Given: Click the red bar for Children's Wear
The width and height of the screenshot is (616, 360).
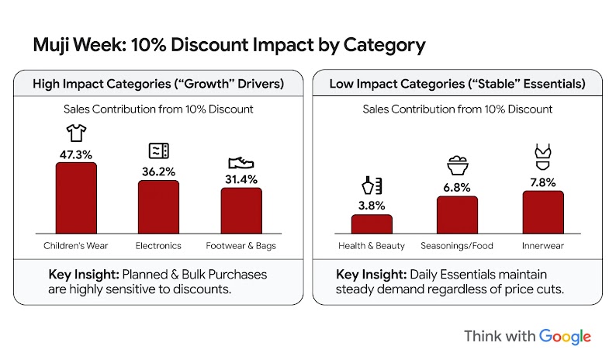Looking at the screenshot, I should tap(76, 198).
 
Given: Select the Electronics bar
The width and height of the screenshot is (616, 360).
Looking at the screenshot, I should tap(158, 207).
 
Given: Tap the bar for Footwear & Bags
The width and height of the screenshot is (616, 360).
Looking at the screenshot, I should tap(241, 210).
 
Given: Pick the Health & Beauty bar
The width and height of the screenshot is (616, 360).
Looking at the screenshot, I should tap(372, 223).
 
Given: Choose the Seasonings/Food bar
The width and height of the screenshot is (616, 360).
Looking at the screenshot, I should tap(457, 215).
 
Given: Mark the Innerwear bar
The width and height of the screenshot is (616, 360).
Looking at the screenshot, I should tap(542, 212).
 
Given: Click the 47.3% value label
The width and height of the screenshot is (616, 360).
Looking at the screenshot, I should tap(76, 154).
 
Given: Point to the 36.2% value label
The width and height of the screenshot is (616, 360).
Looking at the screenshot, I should tap(158, 171).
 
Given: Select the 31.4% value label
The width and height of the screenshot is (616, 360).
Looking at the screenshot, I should tap(241, 179).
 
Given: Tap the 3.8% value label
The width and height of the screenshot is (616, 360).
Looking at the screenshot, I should tap(372, 206).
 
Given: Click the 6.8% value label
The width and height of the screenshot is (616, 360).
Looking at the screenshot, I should tap(457, 187).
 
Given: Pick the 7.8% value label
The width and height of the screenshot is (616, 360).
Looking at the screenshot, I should tap(542, 182).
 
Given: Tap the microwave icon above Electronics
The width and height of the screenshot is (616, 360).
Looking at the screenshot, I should tap(158, 151).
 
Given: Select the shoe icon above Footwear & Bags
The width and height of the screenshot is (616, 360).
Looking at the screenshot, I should tap(241, 162).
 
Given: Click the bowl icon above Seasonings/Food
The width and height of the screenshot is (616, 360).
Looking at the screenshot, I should tap(457, 166).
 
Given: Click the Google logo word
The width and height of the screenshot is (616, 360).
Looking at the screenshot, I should tap(565, 337).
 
